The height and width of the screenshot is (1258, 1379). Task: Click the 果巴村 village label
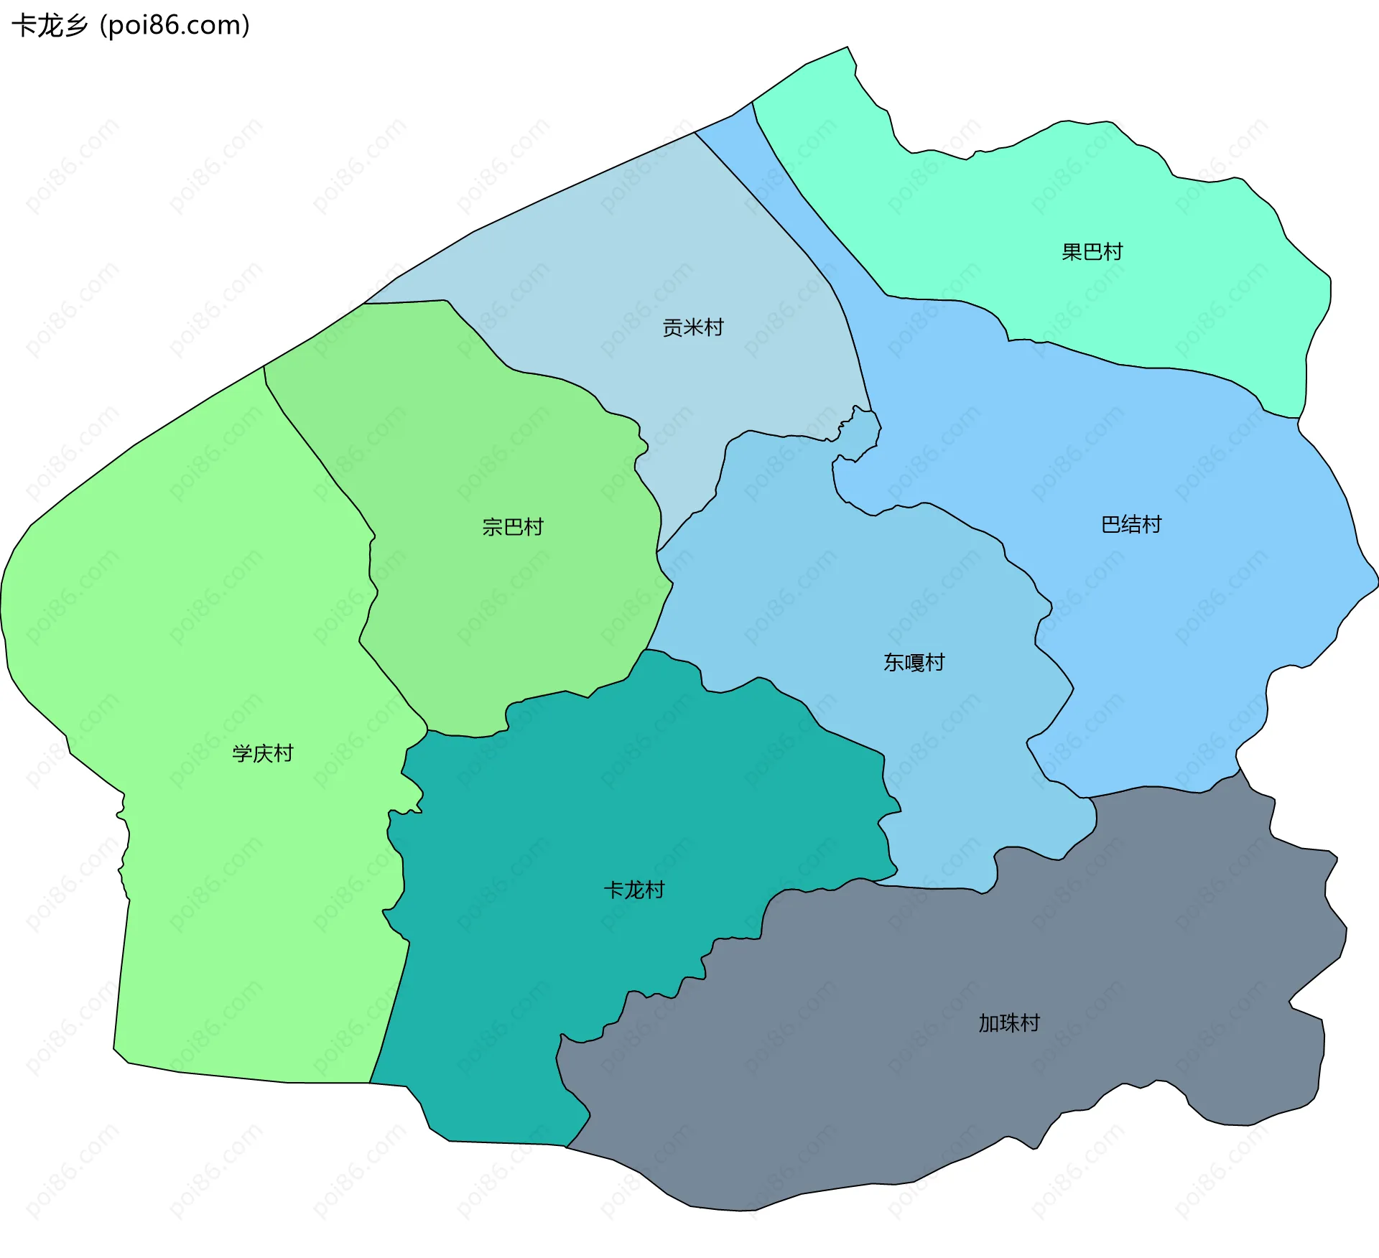pos(1092,252)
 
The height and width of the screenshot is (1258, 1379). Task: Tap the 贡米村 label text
pos(692,328)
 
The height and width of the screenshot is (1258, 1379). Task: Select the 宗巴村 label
pos(513,528)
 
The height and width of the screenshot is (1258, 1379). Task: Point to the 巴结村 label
pos(1131,525)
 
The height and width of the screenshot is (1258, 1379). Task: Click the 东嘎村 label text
pos(914,663)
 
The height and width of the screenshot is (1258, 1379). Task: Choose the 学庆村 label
pos(263,754)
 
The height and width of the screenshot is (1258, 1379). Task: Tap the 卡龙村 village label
pos(634,891)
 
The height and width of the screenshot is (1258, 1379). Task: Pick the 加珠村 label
pos(1009,1024)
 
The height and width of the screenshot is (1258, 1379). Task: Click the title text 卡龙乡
pos(50,26)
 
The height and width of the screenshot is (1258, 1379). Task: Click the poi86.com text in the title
pos(175,26)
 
